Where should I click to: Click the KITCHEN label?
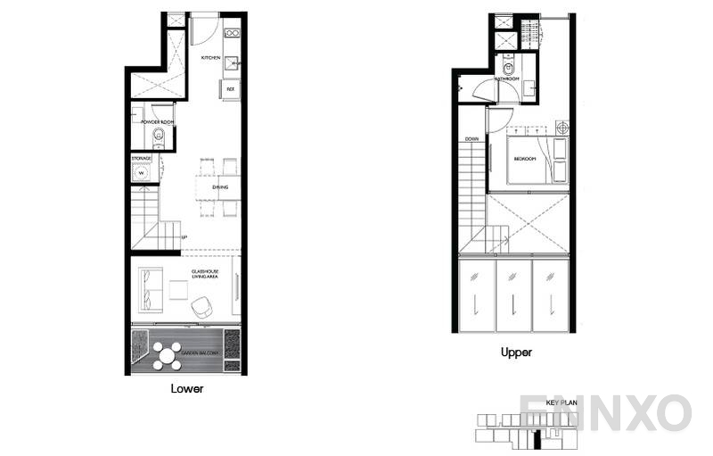coord(210,58)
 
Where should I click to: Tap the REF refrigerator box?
coord(230,89)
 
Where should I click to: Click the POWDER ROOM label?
coord(156,121)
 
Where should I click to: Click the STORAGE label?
coord(141,158)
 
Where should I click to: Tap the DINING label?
coord(220,187)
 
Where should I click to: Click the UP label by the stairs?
coord(184,236)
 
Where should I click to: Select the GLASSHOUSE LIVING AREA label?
coord(205,274)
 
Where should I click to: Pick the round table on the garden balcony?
coord(167,355)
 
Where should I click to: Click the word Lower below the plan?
coord(187,389)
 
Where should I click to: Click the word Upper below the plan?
coord(516,352)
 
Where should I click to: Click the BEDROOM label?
coord(524,159)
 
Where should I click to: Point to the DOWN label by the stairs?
coord(472,139)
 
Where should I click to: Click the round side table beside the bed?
coord(561,128)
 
